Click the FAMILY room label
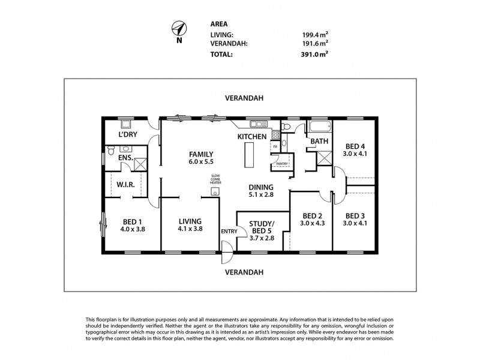click(200, 154)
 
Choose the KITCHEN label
click(251, 137)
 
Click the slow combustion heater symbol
click(215, 192)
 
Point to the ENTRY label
click(229, 232)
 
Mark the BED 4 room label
click(355, 146)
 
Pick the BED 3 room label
click(355, 215)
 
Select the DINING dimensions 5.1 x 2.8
click(261, 195)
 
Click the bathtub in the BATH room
click(319, 127)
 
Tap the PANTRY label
click(282, 164)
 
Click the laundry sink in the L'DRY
click(127, 124)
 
